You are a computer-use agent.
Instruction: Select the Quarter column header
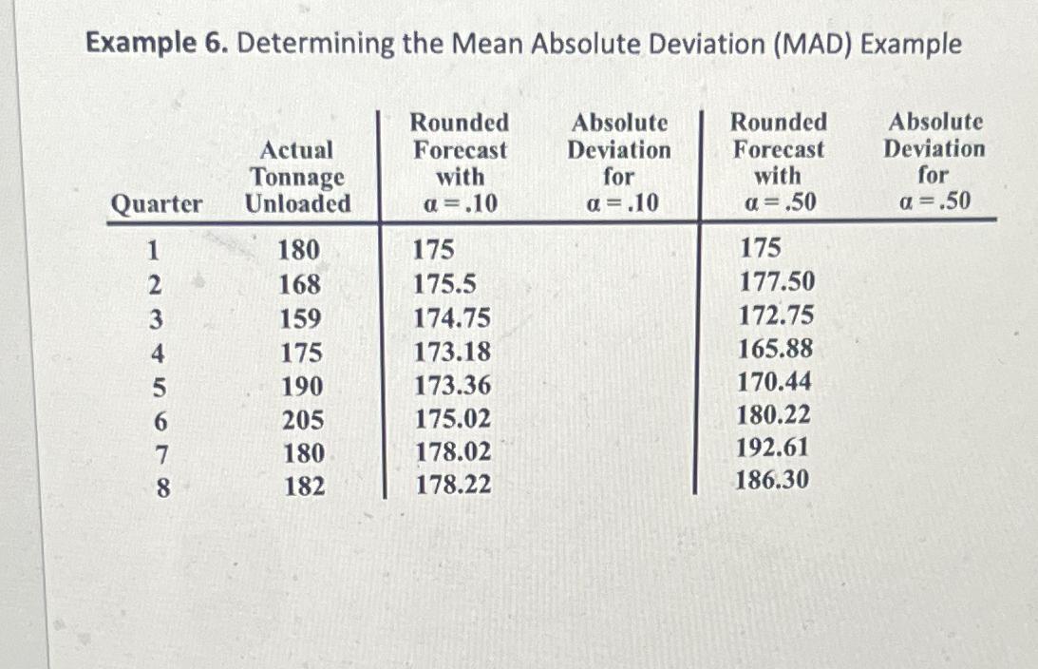pyautogui.click(x=157, y=204)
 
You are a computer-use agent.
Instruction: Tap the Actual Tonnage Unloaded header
pyautogui.click(x=297, y=177)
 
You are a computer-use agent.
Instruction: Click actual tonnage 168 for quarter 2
pyautogui.click(x=300, y=285)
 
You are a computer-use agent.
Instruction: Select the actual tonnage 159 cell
pyautogui.click(x=300, y=318)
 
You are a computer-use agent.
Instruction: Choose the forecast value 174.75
pyautogui.click(x=453, y=318)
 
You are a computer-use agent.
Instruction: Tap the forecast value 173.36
pyautogui.click(x=453, y=386)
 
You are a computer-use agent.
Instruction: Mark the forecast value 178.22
pyautogui.click(x=453, y=486)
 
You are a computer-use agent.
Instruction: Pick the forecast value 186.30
pyautogui.click(x=773, y=481)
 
